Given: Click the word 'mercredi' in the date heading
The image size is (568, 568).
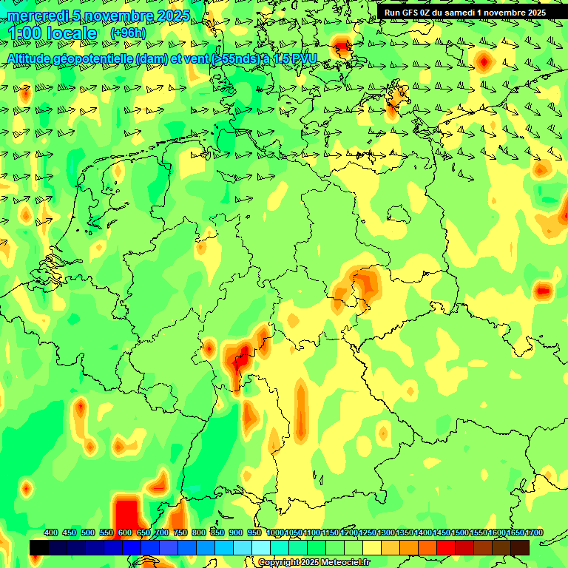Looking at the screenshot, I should (39, 16).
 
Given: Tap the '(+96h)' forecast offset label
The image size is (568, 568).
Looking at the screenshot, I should (128, 33).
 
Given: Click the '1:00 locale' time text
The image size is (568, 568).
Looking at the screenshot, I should (51, 33).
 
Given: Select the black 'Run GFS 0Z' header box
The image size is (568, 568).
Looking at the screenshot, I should (464, 13).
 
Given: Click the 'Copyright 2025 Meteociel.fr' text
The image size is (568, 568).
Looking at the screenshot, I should (314, 563).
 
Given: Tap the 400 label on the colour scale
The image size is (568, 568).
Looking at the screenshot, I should (51, 532).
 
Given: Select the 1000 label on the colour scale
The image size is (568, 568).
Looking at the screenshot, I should (274, 532).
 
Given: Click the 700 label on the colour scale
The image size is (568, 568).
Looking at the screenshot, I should (162, 532).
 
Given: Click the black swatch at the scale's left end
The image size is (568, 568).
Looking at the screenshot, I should (39, 547).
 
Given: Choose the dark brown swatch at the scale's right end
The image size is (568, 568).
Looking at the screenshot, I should (520, 547).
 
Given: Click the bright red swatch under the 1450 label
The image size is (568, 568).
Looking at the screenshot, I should (446, 547).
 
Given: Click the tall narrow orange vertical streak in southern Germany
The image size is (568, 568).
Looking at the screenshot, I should (300, 410).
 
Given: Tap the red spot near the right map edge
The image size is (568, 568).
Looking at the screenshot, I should (544, 291).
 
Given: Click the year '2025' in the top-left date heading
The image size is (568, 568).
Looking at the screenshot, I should (173, 16).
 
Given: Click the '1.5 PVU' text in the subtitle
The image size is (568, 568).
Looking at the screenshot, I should (295, 58).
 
